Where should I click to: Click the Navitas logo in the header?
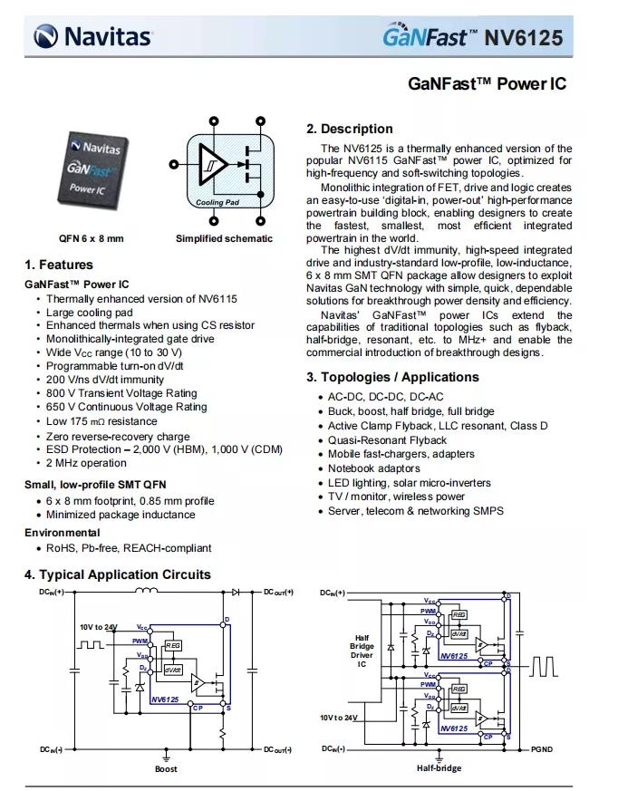(93, 36)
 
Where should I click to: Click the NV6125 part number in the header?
(523, 38)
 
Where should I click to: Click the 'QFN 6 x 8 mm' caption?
(92, 238)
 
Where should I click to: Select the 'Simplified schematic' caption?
(224, 238)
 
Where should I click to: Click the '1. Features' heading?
(59, 265)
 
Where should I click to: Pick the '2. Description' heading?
(350, 129)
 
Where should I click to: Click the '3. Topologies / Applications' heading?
(392, 377)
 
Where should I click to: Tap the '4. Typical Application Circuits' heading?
(118, 574)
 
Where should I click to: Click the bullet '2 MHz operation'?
(86, 463)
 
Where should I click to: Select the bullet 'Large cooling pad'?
(90, 312)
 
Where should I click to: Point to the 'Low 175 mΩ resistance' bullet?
(101, 421)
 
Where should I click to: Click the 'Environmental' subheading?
(62, 532)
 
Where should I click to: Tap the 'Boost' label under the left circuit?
(166, 768)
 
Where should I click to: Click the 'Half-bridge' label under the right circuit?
(439, 768)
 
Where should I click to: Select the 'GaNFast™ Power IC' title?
(487, 83)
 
